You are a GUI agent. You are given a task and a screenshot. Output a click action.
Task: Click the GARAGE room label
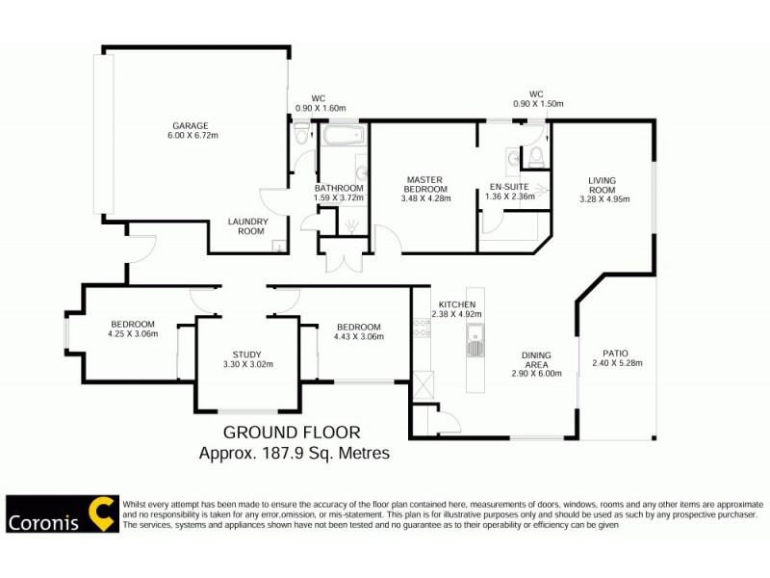[x=190, y=126]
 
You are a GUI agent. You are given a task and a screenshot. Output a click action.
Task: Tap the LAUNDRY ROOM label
[x=246, y=225]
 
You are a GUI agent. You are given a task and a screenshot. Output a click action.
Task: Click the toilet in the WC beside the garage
[x=302, y=132]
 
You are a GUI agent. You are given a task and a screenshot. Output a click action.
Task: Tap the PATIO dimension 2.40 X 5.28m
[x=616, y=363]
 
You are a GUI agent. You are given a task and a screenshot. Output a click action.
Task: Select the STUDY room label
[x=247, y=354]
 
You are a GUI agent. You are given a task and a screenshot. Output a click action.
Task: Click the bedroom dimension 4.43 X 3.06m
[x=358, y=337]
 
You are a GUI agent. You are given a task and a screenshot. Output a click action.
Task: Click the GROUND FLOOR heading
[x=293, y=433]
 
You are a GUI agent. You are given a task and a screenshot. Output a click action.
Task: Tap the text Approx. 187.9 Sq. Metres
[x=294, y=452]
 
